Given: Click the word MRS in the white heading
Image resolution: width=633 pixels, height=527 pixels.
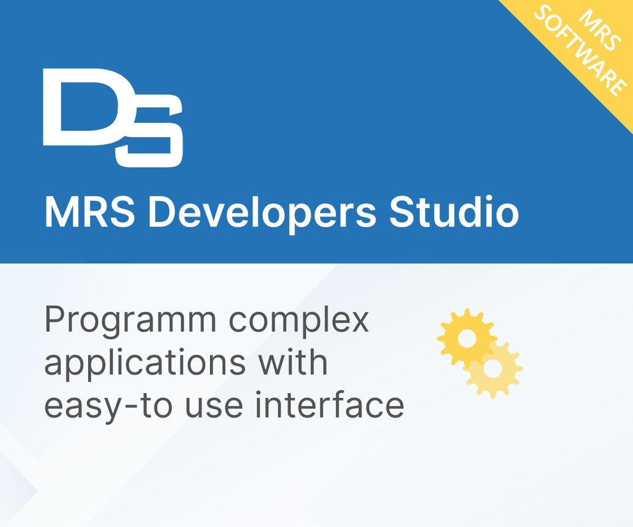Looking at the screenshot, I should click(x=91, y=212).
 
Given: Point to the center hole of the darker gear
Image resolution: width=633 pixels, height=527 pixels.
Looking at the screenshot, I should click(x=467, y=339).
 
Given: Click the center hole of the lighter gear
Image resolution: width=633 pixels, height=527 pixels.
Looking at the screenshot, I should click(x=493, y=369).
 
